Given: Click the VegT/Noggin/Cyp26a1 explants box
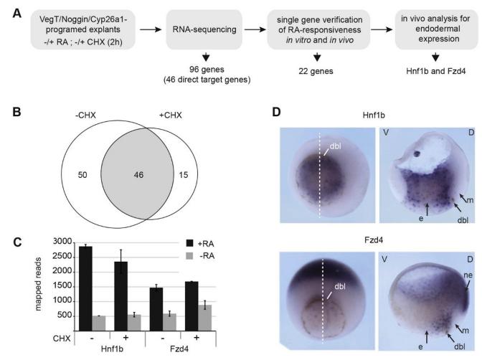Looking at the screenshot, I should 73,32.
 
